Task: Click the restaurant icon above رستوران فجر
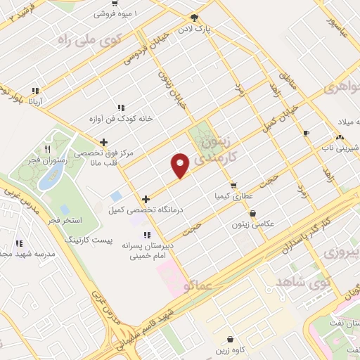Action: [x=47, y=149]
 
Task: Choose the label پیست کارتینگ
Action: [x=86, y=240]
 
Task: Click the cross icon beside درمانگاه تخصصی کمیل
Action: [x=146, y=199]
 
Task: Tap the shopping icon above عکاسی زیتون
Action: [x=252, y=214]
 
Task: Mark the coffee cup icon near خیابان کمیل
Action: [x=306, y=133]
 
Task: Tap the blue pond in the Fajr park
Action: [x=49, y=179]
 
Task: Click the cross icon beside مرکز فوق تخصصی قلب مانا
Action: [x=103, y=142]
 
